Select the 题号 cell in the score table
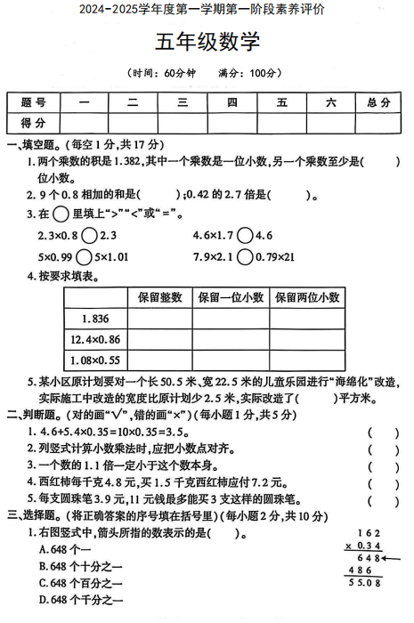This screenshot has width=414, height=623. pos(34,102)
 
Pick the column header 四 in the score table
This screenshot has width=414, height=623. pos(232,102)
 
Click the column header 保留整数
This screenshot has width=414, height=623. pos(160,297)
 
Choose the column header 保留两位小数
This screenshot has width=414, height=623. pos(307,297)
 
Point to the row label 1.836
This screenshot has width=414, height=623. pos(93,319)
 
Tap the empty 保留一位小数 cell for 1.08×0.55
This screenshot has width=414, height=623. pos(231,360)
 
